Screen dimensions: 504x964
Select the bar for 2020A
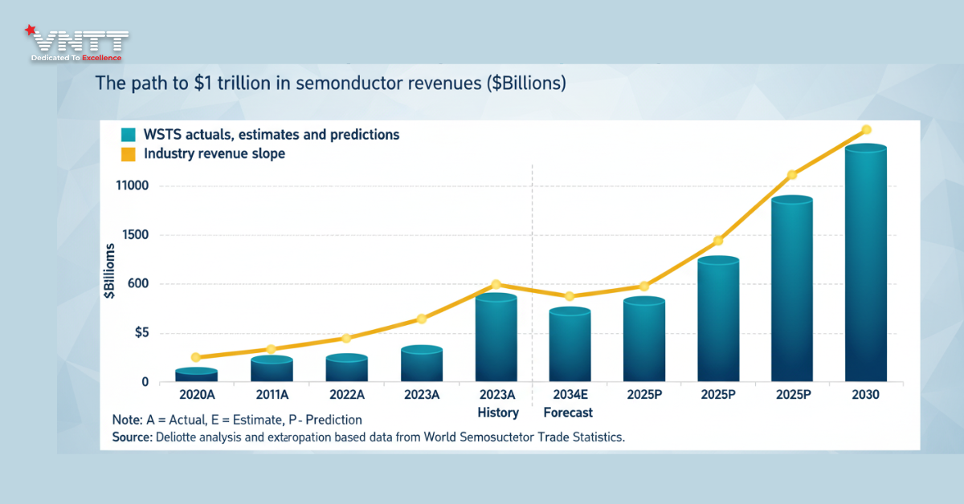click(196, 376)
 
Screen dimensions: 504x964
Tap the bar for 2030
click(865, 265)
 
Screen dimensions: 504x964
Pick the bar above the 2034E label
click(570, 346)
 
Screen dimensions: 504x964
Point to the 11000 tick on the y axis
click(132, 186)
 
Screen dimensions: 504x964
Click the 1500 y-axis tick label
click(133, 235)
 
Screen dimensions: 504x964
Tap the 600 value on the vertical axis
click(137, 284)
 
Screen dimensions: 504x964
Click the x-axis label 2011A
click(272, 395)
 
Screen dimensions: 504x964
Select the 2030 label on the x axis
click(865, 395)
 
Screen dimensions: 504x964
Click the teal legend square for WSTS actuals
click(129, 135)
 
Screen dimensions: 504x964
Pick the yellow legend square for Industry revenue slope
click(129, 153)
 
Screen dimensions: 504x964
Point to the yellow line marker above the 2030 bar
click(866, 129)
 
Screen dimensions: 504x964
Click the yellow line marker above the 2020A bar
click(196, 357)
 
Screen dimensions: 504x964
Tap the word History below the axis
click(498, 413)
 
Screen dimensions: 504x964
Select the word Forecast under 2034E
click(568, 413)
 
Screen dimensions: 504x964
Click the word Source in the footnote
click(132, 437)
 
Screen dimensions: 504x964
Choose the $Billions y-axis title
click(109, 275)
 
